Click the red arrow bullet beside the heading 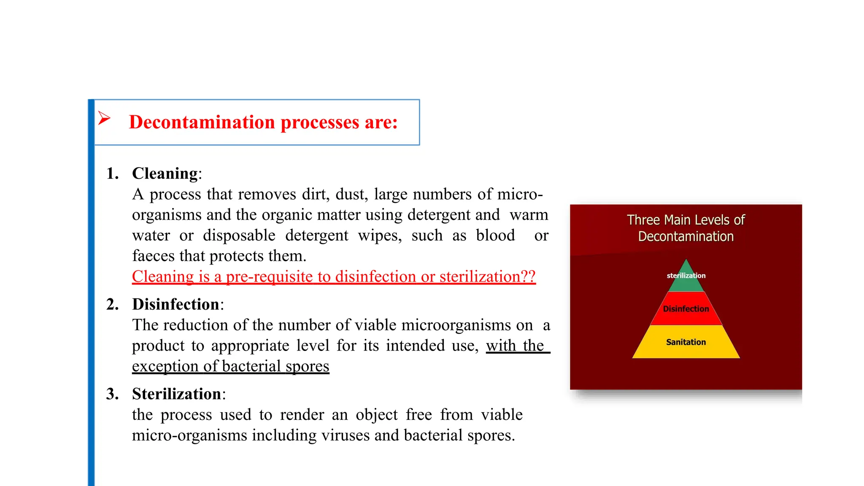(x=104, y=118)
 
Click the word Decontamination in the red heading (x=202, y=122)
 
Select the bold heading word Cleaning (x=165, y=173)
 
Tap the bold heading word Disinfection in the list (x=175, y=304)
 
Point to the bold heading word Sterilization (x=177, y=394)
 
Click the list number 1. (x=112, y=173)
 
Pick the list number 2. (x=112, y=304)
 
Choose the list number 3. (x=112, y=394)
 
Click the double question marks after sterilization (x=528, y=277)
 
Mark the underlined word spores (x=307, y=366)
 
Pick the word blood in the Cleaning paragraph (x=495, y=235)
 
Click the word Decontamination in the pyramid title (x=686, y=237)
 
